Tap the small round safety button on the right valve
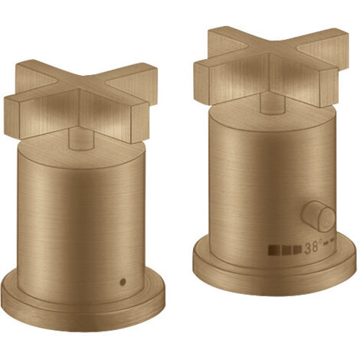click(318, 217)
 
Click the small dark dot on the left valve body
click(123, 282)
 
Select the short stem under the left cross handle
click(82, 139)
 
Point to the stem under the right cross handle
click(273, 103)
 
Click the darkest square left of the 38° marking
click(273, 250)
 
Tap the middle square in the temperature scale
click(286, 250)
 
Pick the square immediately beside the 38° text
click(297, 249)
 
